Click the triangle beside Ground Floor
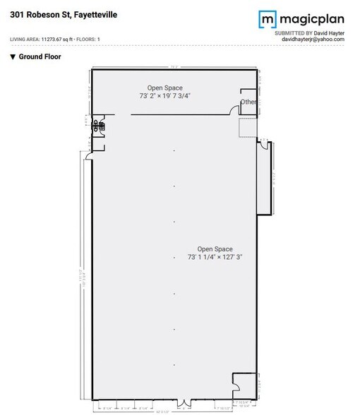(13, 56)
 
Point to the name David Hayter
(329, 32)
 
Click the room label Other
(248, 102)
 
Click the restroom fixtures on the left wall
(99, 127)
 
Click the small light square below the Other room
(248, 128)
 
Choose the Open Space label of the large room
(215, 248)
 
